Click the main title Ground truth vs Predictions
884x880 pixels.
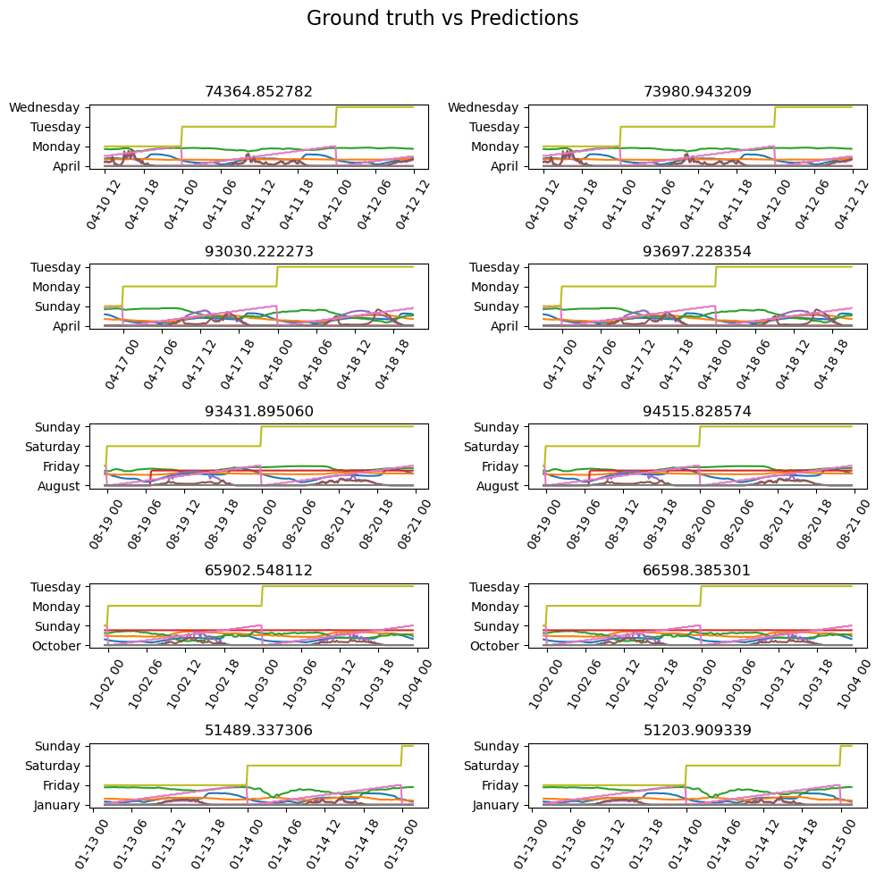point(442,19)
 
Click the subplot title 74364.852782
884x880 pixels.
point(258,92)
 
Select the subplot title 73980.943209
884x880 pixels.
point(697,92)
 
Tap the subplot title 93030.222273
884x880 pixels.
point(258,252)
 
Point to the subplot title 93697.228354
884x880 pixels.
point(697,252)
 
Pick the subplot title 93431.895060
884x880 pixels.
point(258,411)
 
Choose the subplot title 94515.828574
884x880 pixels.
point(697,411)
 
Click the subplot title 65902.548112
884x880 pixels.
point(258,571)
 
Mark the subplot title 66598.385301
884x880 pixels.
point(697,571)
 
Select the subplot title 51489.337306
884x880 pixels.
point(258,731)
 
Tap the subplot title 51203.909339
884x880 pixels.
point(697,731)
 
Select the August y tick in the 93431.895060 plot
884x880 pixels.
point(60,486)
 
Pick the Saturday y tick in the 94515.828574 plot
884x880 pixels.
point(497,447)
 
